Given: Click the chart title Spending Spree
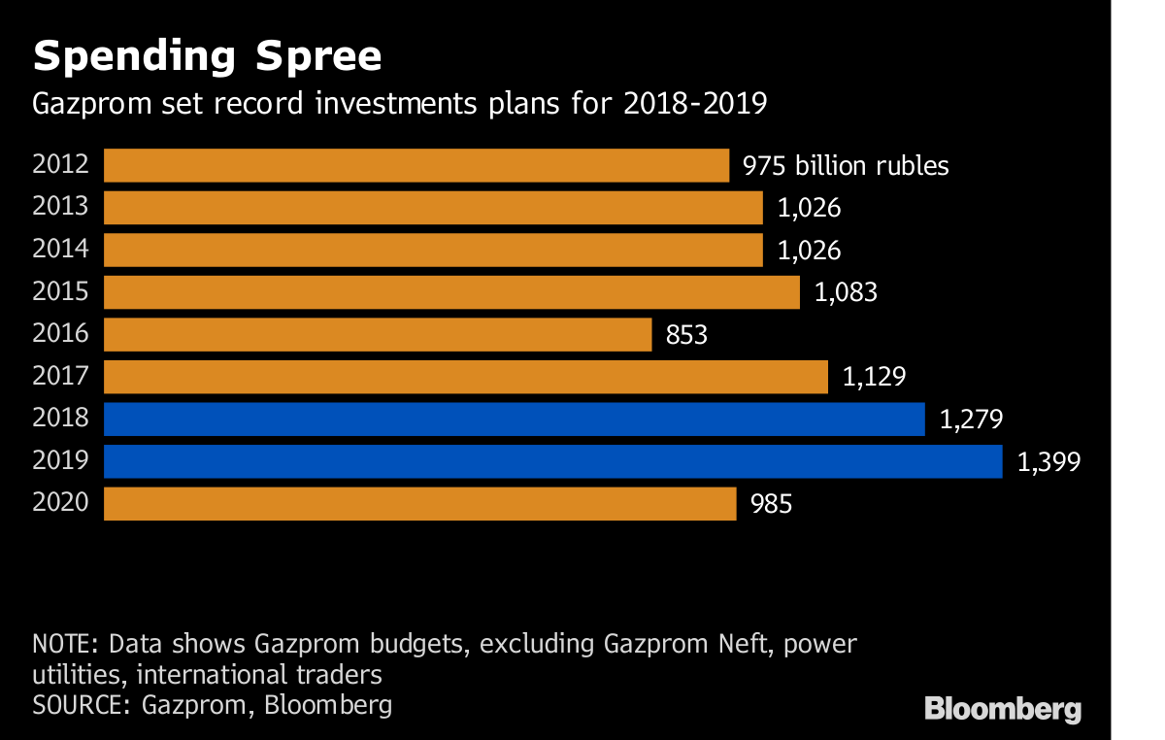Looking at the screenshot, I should click(x=207, y=57).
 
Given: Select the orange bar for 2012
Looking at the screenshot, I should click(x=416, y=165).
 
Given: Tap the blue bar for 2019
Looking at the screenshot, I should click(x=552, y=461).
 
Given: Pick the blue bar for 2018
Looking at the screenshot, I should click(x=514, y=420).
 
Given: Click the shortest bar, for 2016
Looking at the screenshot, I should click(x=377, y=335).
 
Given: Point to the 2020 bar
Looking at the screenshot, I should click(x=419, y=504).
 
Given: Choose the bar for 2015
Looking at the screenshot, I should click(x=451, y=292).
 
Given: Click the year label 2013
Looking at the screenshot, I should click(x=60, y=207).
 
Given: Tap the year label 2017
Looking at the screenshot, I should click(x=60, y=376).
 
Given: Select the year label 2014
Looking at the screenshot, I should click(x=60, y=250).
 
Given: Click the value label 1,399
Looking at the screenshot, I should click(x=1048, y=462).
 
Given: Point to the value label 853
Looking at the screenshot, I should click(x=686, y=336).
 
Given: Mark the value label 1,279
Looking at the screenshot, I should click(x=971, y=420).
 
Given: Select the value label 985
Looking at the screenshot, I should click(x=771, y=505).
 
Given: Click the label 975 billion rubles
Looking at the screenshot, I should click(x=846, y=166).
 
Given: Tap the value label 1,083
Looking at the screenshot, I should click(x=846, y=293).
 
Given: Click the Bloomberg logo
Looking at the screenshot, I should click(x=1003, y=708).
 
